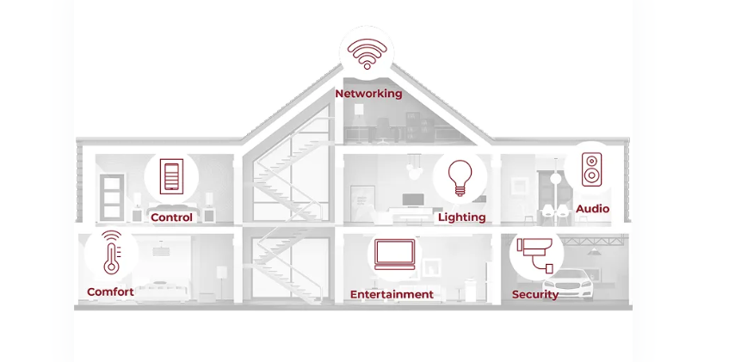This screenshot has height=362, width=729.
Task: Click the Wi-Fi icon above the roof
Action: [x=367, y=53]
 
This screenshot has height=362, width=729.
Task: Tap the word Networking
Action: [x=368, y=94]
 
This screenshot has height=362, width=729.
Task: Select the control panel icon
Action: [x=171, y=176]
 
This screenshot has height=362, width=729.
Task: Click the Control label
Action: [x=171, y=218]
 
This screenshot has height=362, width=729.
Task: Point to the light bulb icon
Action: [x=460, y=178]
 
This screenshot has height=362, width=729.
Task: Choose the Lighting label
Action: [x=461, y=217]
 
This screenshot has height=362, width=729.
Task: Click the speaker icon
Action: [x=591, y=169]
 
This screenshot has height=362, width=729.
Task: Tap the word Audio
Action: [x=592, y=209]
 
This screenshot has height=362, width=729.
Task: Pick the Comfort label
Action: [x=110, y=291]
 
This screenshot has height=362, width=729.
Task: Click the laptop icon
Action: [x=395, y=255]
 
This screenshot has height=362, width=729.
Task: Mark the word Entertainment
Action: [x=392, y=294]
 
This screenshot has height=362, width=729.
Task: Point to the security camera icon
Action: [x=535, y=255]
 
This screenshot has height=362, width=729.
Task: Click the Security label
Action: [x=535, y=294]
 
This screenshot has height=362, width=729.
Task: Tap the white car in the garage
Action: [x=568, y=284]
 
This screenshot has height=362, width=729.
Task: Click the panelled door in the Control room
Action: [x=112, y=197]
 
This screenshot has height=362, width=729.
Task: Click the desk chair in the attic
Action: [x=384, y=130]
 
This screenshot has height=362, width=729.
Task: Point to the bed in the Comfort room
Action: [x=161, y=290]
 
